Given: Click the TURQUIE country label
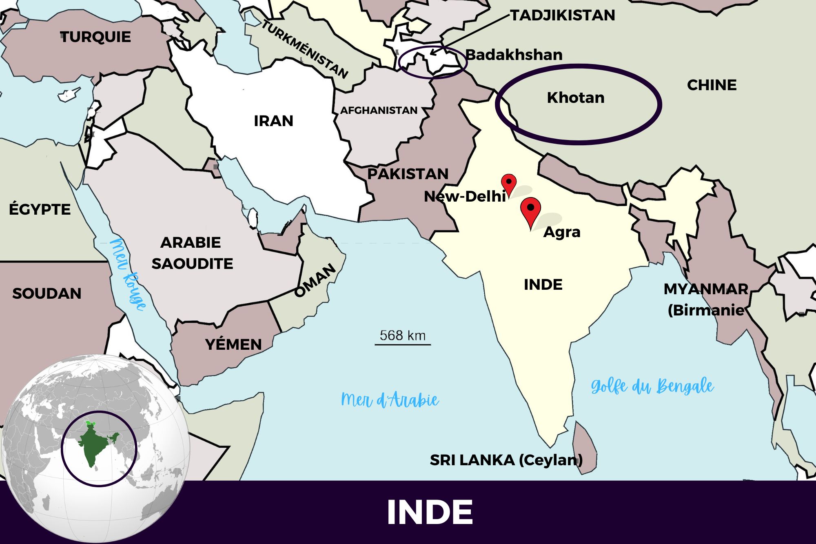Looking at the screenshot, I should [x=95, y=37].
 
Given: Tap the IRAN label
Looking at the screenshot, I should [x=273, y=121].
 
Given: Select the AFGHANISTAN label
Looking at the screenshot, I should [x=379, y=110].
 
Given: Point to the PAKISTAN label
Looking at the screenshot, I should [x=408, y=174].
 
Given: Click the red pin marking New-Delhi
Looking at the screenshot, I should [x=509, y=183].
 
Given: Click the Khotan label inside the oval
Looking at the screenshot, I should [x=576, y=98].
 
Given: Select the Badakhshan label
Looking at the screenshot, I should [x=514, y=55].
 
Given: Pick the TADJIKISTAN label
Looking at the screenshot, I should [x=563, y=16].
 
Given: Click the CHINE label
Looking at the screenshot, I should [x=712, y=85].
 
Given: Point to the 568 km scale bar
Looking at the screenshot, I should [x=403, y=344].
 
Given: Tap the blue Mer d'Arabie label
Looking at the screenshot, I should [x=390, y=400].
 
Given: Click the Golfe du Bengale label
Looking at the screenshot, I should [x=652, y=386].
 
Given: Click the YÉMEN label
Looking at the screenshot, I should [x=233, y=344].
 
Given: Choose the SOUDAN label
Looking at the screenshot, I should [x=47, y=293].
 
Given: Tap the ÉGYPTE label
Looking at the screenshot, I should [x=40, y=209].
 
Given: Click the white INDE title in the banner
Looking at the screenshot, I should [x=430, y=512].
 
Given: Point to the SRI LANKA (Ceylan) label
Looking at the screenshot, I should [x=506, y=460].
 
